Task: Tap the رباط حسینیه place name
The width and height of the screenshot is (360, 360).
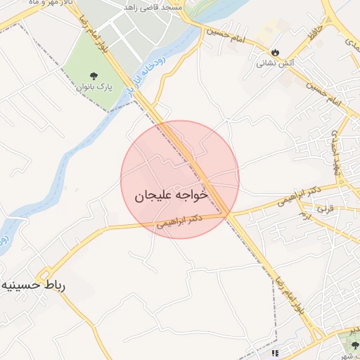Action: pyautogui.click(x=33, y=286)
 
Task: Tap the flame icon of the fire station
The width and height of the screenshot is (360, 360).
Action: pyautogui.click(x=274, y=52)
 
